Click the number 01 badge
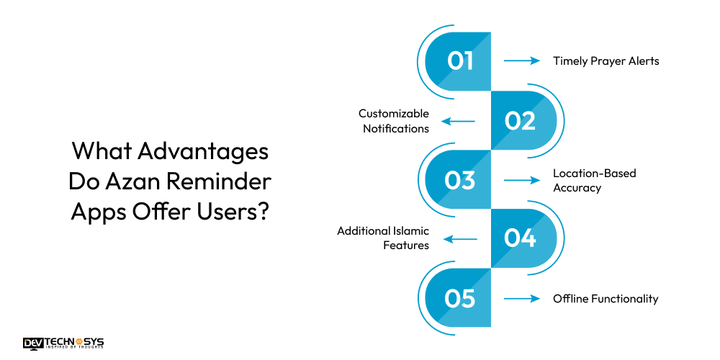tap(460, 60)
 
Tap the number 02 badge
tap(520, 120)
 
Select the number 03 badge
tap(460, 180)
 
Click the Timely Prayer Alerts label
tap(606, 60)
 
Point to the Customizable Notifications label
tap(395, 121)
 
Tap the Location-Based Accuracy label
tap(594, 180)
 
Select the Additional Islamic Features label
tap(383, 238)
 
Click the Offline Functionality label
tap(605, 299)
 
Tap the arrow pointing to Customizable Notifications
tap(458, 121)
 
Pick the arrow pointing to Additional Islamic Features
tap(458, 239)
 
